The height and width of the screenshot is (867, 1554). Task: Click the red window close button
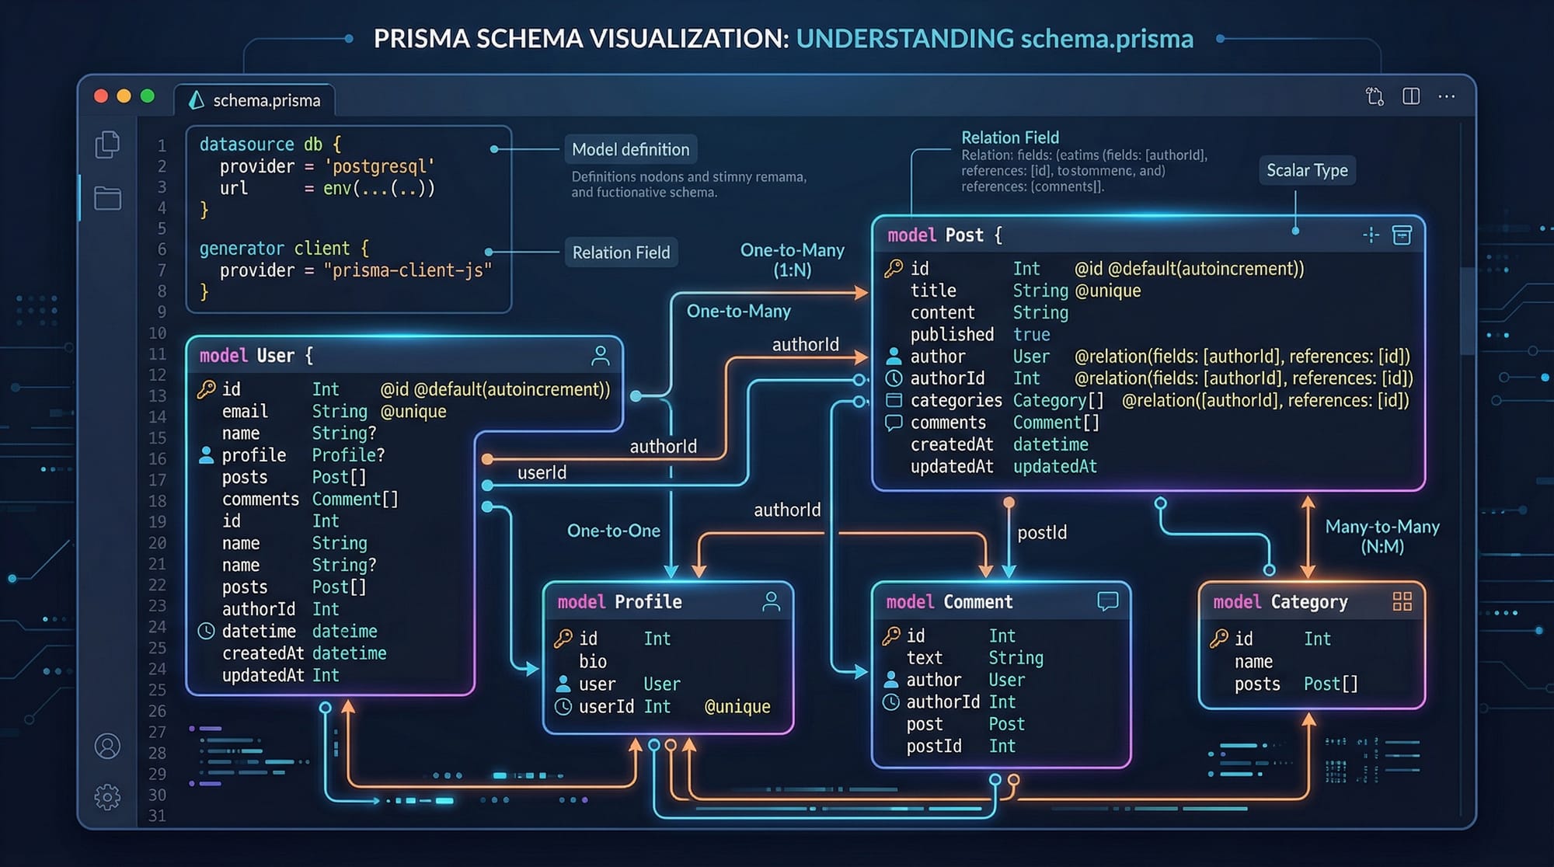click(x=101, y=96)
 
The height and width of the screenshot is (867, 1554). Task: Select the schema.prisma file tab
click(x=256, y=100)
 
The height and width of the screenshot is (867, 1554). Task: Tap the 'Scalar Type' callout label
click(x=1307, y=170)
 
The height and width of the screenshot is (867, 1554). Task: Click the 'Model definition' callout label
click(x=630, y=149)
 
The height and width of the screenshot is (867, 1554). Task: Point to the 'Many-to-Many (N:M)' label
click(x=1382, y=536)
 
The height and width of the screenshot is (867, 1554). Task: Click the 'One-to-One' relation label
click(x=613, y=531)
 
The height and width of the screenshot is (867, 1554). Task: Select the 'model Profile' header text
click(x=619, y=602)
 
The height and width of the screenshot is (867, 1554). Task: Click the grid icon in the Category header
click(x=1402, y=601)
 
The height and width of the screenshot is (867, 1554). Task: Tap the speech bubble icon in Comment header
click(x=1107, y=601)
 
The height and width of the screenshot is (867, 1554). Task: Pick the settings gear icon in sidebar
click(x=107, y=797)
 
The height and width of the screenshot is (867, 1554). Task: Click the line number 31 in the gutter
click(x=157, y=816)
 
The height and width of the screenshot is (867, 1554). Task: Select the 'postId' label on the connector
click(x=1042, y=532)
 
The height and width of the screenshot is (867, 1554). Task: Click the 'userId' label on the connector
click(x=542, y=472)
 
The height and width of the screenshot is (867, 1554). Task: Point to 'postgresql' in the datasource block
click(x=379, y=166)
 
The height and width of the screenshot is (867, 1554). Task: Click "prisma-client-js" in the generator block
click(x=408, y=270)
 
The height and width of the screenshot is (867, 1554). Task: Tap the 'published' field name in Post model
click(x=952, y=334)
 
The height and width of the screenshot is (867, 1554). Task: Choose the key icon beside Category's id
click(x=1219, y=639)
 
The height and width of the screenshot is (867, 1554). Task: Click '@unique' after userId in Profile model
click(x=737, y=706)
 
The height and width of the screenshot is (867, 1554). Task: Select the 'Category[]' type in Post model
click(x=1057, y=400)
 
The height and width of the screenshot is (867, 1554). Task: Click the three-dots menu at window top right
click(x=1446, y=96)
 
